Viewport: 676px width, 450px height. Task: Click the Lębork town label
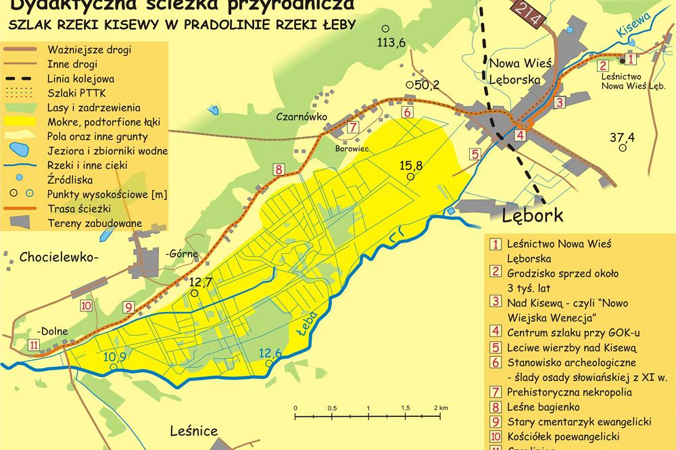click(x=533, y=215)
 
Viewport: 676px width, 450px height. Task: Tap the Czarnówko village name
click(x=301, y=117)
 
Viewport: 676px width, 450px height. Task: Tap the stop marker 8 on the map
click(x=278, y=170)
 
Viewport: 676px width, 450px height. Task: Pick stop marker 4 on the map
click(x=519, y=134)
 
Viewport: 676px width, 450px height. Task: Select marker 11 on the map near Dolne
click(x=34, y=345)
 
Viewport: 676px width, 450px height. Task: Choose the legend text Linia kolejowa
click(x=75, y=78)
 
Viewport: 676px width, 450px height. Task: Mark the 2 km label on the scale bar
click(x=439, y=408)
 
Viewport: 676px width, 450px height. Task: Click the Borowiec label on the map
click(x=349, y=147)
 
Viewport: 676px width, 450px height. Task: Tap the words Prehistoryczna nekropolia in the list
click(x=569, y=392)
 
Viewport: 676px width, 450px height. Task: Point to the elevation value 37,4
click(x=622, y=138)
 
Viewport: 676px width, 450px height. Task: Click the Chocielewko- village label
click(x=59, y=257)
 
